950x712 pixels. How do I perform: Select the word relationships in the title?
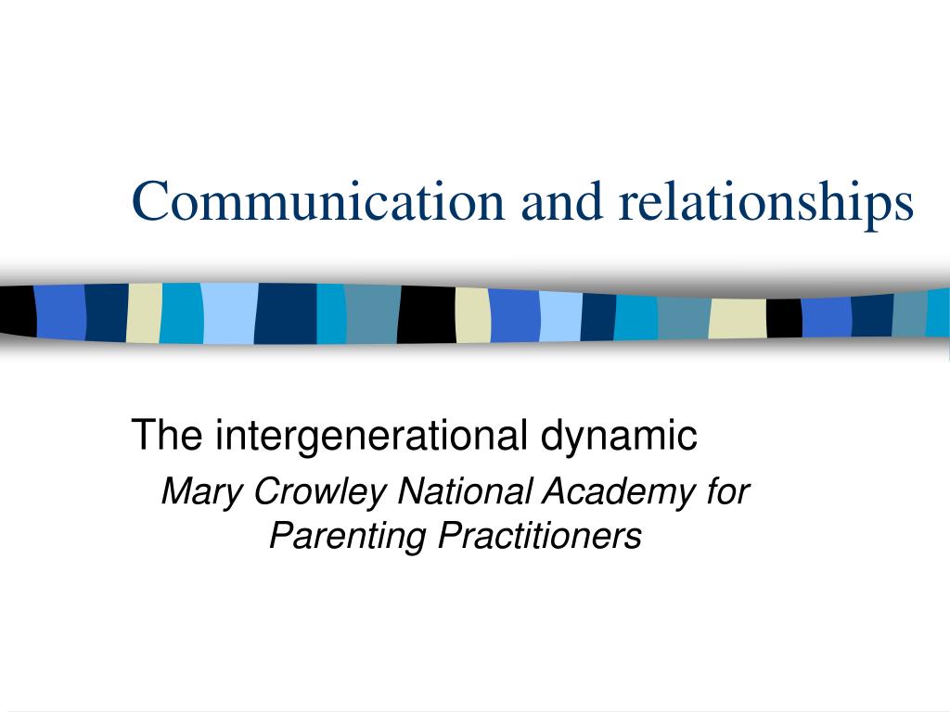tap(765, 204)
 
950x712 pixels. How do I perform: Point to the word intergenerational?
tap(371, 435)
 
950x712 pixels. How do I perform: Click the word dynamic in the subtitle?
tap(619, 435)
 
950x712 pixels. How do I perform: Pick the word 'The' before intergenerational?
tap(167, 434)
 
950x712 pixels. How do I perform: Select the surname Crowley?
tap(319, 491)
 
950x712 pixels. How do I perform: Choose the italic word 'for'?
tap(728, 490)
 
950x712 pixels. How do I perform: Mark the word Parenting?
tap(349, 537)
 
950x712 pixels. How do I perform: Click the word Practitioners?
tap(540, 535)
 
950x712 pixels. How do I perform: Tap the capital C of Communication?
tap(150, 201)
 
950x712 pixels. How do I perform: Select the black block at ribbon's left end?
tap(18, 311)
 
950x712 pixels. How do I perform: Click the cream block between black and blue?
tap(472, 315)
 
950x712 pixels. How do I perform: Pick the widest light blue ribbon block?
tap(230, 313)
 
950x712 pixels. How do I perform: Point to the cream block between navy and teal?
tap(144, 313)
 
